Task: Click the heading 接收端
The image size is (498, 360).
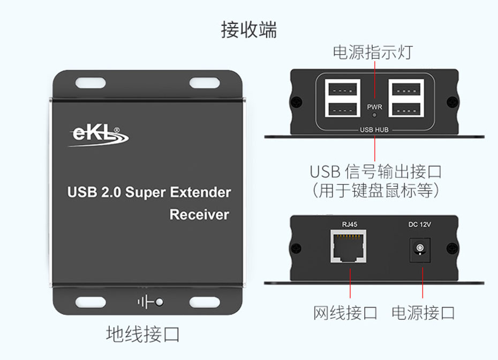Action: [x=248, y=30]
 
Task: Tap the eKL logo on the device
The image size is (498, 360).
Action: [x=99, y=136]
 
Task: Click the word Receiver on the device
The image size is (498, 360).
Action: [x=199, y=214]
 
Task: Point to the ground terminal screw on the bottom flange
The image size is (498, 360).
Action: [x=160, y=302]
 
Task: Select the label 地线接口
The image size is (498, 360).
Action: [x=143, y=334]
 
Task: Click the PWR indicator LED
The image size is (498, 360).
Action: [x=374, y=115]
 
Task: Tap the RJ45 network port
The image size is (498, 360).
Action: [x=349, y=246]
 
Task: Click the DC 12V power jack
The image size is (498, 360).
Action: [x=420, y=250]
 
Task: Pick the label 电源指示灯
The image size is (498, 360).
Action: [x=373, y=52]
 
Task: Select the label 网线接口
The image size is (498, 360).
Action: [x=345, y=313]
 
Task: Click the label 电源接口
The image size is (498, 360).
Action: [x=423, y=313]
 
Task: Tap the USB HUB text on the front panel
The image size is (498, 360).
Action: [x=374, y=130]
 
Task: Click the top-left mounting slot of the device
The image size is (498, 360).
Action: [x=90, y=83]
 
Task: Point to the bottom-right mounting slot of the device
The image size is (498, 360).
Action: [x=205, y=302]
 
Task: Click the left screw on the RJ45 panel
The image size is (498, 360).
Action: [x=296, y=248]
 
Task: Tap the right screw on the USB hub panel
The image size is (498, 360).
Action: [x=452, y=102]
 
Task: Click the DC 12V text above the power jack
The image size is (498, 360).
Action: [x=420, y=224]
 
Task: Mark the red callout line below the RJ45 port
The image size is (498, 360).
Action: [x=350, y=283]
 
